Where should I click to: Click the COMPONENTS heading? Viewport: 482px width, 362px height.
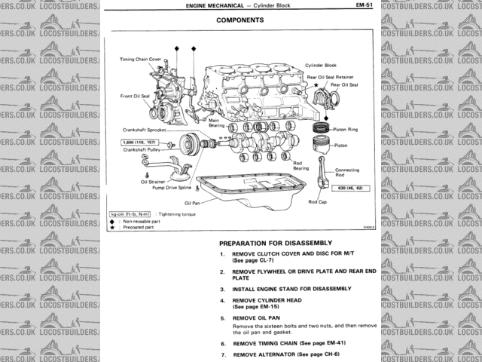click(239, 20)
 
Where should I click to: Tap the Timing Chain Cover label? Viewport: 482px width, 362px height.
click(140, 59)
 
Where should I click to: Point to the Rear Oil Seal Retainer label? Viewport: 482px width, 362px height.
click(332, 75)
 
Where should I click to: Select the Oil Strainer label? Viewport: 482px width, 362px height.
click(153, 182)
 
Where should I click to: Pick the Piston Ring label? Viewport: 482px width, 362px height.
click(346, 130)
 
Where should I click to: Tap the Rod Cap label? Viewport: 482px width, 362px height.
click(317, 201)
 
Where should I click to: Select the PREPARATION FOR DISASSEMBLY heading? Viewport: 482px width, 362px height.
click(275, 243)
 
